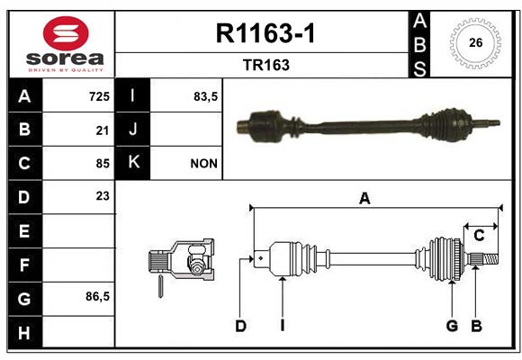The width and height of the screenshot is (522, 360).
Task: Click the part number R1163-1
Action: coord(265,33)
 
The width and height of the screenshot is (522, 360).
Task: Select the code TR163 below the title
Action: coord(266,65)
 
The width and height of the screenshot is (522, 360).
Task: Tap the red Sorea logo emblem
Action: coord(66,33)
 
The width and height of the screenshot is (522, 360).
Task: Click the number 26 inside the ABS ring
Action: coord(476,42)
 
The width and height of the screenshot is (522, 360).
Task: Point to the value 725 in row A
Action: coord(99,96)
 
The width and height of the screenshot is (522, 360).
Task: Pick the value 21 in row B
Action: coord(103,130)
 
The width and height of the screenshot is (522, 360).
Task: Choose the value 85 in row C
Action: coord(103,164)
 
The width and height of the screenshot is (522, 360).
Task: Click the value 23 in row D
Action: coord(103,196)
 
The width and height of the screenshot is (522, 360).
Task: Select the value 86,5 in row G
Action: coord(97,296)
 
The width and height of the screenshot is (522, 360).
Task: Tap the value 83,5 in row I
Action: coord(205,96)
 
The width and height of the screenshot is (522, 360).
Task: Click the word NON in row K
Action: coord(203,164)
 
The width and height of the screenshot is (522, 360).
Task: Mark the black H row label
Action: coord(25,332)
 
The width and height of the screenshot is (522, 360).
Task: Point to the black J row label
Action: coord(132,130)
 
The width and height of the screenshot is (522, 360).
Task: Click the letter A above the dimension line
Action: coord(364,199)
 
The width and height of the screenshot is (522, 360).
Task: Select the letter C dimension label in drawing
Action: coord(479,236)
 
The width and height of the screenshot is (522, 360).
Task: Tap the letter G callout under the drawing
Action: coord(452,326)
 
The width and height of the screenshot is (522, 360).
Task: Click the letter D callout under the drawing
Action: coord(240,326)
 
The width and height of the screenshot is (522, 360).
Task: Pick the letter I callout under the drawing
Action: coord(283,326)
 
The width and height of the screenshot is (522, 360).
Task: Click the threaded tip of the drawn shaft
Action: coord(490,259)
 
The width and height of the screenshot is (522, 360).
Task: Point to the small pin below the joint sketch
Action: coord(160,286)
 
